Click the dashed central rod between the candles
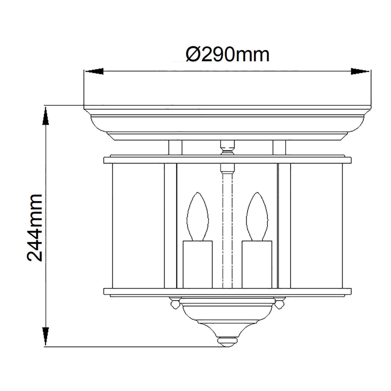click(x=227, y=228)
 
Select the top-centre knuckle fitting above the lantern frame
click(x=227, y=148)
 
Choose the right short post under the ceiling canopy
click(x=279, y=148)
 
